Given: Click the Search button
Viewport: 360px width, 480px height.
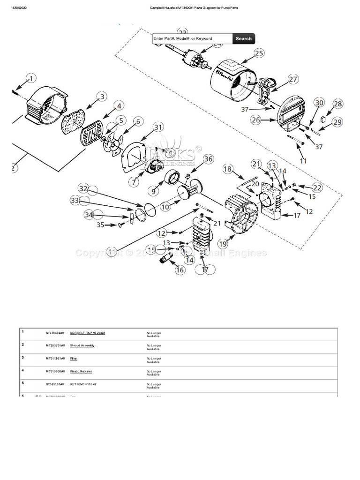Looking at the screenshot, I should point(243,39).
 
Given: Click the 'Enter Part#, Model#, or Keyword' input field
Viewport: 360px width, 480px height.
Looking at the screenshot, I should point(192,39).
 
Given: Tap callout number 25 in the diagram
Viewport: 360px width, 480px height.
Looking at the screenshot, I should point(259,53).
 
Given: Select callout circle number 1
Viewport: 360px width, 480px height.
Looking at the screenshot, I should point(30,78).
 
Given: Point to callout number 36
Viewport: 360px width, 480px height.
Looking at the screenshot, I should point(208,159).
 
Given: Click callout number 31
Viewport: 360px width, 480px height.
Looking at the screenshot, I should point(158,127).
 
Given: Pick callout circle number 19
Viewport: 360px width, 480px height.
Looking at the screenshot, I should point(223,243).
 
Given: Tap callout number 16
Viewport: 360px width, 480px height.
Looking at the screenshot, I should point(180,270).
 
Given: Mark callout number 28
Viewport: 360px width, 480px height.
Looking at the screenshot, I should point(337,104).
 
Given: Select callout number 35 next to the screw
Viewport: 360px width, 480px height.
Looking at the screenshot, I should point(100,225).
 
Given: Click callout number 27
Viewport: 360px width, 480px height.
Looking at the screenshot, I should point(293,79).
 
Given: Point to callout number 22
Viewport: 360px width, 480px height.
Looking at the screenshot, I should point(317,187).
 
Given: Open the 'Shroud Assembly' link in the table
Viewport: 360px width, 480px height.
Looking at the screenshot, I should point(82,345).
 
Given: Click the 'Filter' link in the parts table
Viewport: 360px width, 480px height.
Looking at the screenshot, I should point(74,359).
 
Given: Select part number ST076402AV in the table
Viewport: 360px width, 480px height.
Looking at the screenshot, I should point(55,333).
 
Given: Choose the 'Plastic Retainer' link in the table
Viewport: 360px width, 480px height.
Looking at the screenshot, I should point(81,371).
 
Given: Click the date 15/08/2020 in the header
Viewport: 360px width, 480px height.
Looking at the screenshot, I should point(20,8).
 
